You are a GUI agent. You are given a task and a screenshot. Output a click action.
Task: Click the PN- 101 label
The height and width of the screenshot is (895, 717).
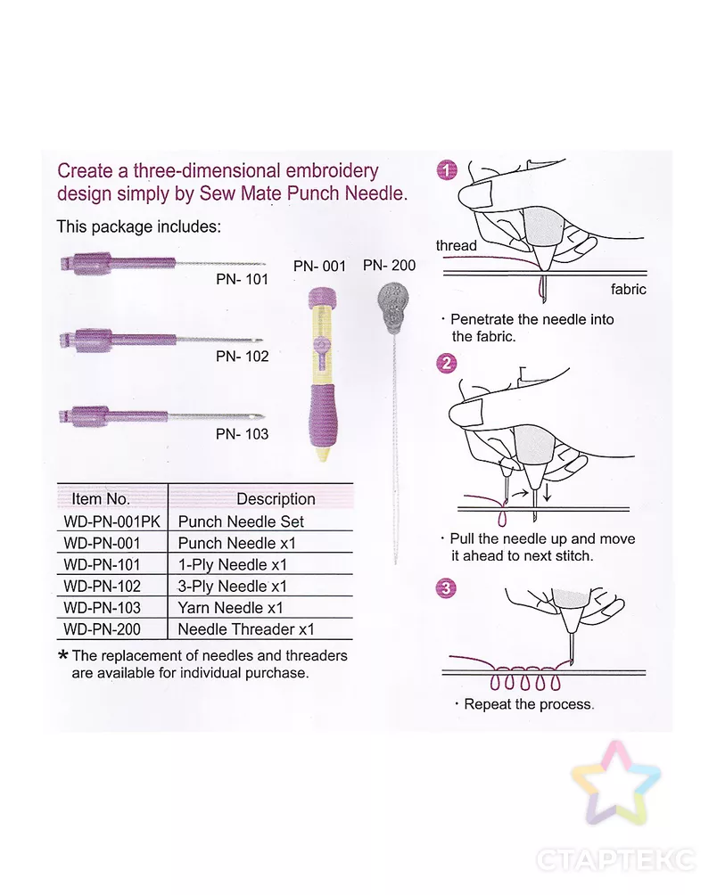pos(242,279)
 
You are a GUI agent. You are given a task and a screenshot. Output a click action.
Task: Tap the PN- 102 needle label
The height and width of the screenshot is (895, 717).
pos(242,357)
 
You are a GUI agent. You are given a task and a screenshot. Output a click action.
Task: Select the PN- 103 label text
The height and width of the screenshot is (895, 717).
pos(242,434)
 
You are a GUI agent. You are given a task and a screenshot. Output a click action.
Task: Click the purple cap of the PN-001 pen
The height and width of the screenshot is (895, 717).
pos(322,297)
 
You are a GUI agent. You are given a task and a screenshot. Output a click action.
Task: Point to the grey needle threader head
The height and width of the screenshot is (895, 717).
pos(392,307)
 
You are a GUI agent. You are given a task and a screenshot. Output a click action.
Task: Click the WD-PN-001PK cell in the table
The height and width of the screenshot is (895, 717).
pos(111,521)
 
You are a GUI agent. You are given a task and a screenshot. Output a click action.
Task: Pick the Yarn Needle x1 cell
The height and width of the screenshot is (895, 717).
pos(231,607)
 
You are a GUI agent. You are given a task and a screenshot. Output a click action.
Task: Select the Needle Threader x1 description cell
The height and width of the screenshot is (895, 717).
pos(246,629)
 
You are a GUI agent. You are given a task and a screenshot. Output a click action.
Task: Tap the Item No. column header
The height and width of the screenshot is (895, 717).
pos(101,498)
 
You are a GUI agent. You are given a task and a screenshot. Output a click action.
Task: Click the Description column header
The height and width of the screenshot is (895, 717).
pos(276,498)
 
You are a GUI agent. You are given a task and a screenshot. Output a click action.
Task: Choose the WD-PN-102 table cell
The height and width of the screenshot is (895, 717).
pos(103,587)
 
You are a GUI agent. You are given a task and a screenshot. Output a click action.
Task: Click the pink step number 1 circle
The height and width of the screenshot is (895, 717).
pos(447,170)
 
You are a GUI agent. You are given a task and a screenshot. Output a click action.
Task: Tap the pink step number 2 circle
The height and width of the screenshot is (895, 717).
pos(447,363)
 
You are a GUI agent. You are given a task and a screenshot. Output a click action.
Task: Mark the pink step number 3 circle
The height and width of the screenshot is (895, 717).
pos(446,588)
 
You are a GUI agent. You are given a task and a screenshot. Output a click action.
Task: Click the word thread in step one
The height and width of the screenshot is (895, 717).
pos(456,245)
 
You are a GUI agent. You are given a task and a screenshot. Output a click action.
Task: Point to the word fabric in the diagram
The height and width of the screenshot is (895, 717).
pos(629,290)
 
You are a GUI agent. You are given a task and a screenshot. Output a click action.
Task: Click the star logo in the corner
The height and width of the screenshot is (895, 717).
pos(615,782)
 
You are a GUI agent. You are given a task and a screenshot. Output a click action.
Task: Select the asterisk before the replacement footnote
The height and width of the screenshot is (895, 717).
pos(62,655)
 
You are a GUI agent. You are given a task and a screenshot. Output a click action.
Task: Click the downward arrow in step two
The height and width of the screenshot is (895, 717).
pos(548,492)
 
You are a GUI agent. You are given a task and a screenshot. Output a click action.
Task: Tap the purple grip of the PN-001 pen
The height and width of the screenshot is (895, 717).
pos(322,416)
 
